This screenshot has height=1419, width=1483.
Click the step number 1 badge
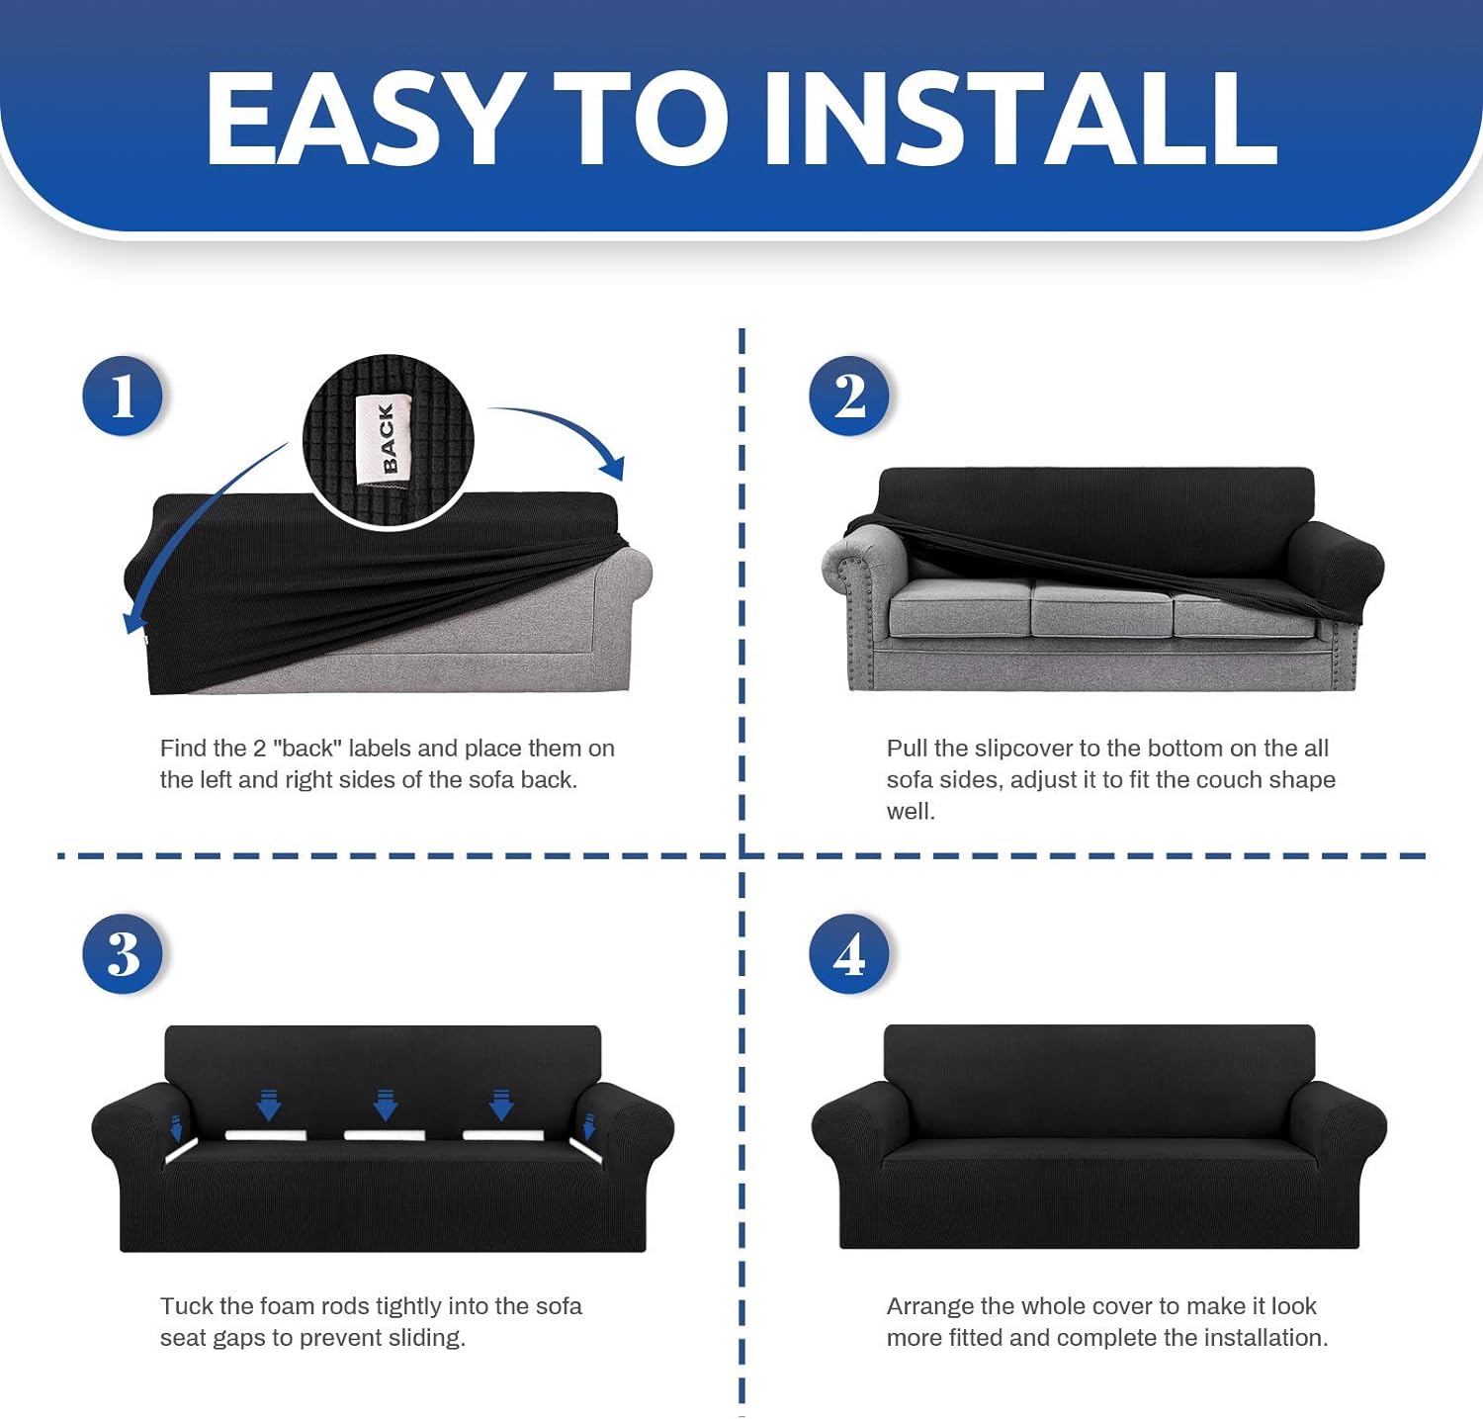coord(123,397)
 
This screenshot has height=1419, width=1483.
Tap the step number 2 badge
coord(849,397)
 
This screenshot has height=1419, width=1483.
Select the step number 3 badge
coord(123,954)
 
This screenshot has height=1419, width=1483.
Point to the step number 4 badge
coord(849,954)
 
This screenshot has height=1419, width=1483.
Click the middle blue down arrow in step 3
coord(386,1104)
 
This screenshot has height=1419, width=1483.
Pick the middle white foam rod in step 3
coord(385,1135)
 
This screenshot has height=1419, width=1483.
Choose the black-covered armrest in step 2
coord(1339,568)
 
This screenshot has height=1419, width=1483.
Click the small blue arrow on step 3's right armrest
coord(589,1126)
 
